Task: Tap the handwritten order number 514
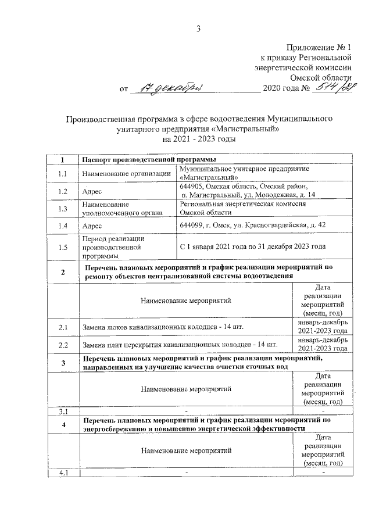[325, 87]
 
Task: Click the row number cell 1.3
[63, 209]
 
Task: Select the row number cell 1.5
[63, 246]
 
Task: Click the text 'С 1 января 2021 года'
[218, 246]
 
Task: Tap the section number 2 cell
[63, 273]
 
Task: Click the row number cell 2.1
[63, 328]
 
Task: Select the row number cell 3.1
[63, 412]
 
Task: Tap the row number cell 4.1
[63, 472]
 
